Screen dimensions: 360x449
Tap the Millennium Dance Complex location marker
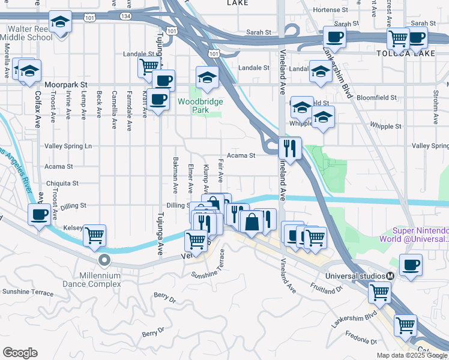tap(104, 260)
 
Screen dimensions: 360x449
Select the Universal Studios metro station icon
tap(390, 275)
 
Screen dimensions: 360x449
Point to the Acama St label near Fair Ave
tap(244, 155)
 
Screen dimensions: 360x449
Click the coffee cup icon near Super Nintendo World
tap(411, 265)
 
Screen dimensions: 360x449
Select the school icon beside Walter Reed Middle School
tap(60, 22)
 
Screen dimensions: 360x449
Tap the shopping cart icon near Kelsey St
tap(95, 236)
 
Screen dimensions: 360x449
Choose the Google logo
tap(20, 353)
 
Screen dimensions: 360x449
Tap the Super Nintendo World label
tap(420, 235)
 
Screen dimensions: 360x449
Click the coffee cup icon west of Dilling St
tap(40, 215)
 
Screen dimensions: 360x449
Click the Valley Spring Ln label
tap(68, 146)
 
